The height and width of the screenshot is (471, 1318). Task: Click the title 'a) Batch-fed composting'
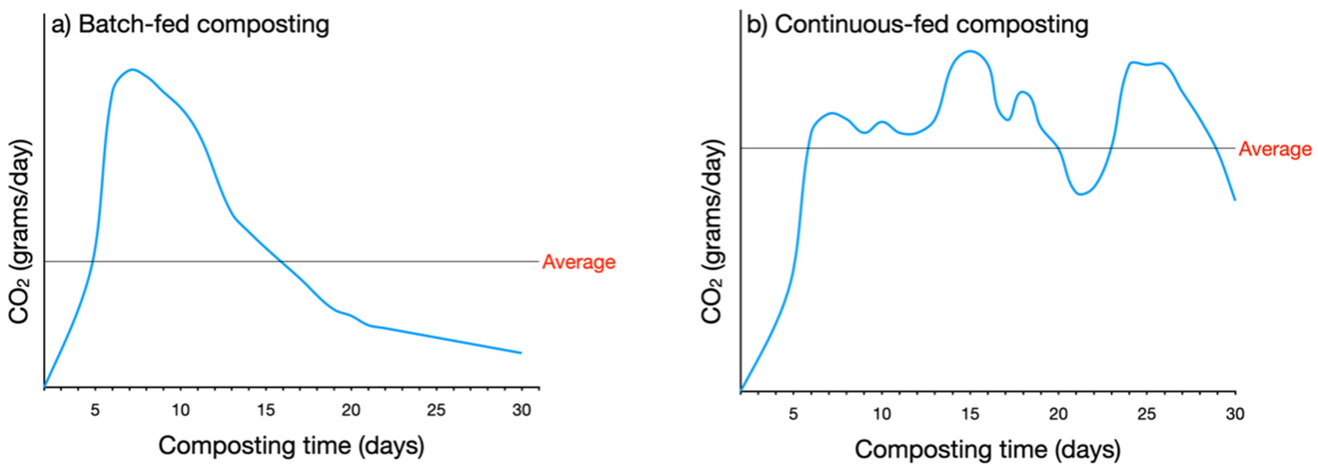190,25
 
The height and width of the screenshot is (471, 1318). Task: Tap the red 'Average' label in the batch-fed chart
579,262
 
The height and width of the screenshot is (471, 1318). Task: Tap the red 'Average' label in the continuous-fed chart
1275,149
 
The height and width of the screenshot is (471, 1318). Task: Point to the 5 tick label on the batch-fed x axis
95,410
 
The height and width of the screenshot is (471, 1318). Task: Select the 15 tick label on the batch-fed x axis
266,410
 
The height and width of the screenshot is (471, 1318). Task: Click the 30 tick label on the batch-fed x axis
521,410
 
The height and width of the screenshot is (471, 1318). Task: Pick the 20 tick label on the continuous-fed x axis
1058,414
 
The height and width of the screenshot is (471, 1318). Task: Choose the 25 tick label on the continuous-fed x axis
1146,414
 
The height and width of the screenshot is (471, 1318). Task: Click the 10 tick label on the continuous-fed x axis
881,414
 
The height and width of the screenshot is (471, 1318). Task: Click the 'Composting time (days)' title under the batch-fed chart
292,446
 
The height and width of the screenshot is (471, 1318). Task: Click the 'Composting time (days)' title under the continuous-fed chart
988,450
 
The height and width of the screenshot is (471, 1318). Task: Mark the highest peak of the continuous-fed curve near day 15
969,51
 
